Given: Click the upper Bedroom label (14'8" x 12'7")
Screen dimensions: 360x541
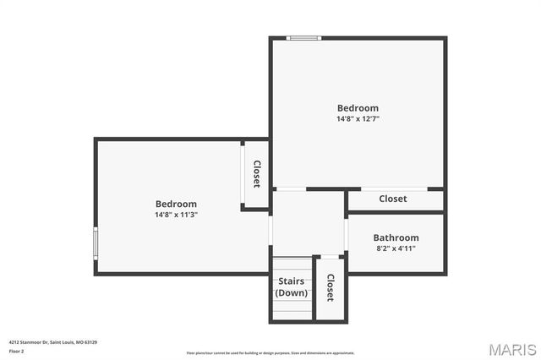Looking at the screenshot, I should (x=358, y=107).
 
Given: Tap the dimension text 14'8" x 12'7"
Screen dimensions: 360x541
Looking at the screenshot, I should (x=358, y=119).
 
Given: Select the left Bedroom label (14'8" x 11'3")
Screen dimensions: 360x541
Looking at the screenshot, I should (x=176, y=204).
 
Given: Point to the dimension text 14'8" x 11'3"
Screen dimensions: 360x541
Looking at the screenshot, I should (x=176, y=215).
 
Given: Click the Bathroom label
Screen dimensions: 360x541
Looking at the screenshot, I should (x=396, y=237).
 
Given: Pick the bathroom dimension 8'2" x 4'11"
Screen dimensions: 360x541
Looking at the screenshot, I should (x=396, y=248).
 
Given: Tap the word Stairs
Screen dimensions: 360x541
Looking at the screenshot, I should (x=292, y=281).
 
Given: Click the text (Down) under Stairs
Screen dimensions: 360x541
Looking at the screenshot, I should (x=292, y=292).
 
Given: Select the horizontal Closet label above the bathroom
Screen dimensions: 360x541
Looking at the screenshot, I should (x=392, y=199).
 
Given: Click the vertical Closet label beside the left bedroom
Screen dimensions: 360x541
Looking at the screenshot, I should (x=256, y=174).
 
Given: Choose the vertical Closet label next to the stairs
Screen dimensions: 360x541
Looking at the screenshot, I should (x=330, y=287).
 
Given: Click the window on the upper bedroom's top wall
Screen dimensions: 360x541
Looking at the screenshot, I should (x=303, y=38).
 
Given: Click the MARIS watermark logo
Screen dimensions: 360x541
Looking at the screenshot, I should (x=512, y=349).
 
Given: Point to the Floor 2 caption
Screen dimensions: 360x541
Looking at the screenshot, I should (x=16, y=351).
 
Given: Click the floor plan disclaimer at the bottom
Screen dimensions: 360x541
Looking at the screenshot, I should (x=270, y=353).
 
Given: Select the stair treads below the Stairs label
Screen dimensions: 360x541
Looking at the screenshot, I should (x=292, y=310).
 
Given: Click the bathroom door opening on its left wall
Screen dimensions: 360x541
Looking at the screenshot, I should (x=347, y=232).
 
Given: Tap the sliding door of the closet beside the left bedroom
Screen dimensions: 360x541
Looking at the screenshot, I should (x=243, y=175).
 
